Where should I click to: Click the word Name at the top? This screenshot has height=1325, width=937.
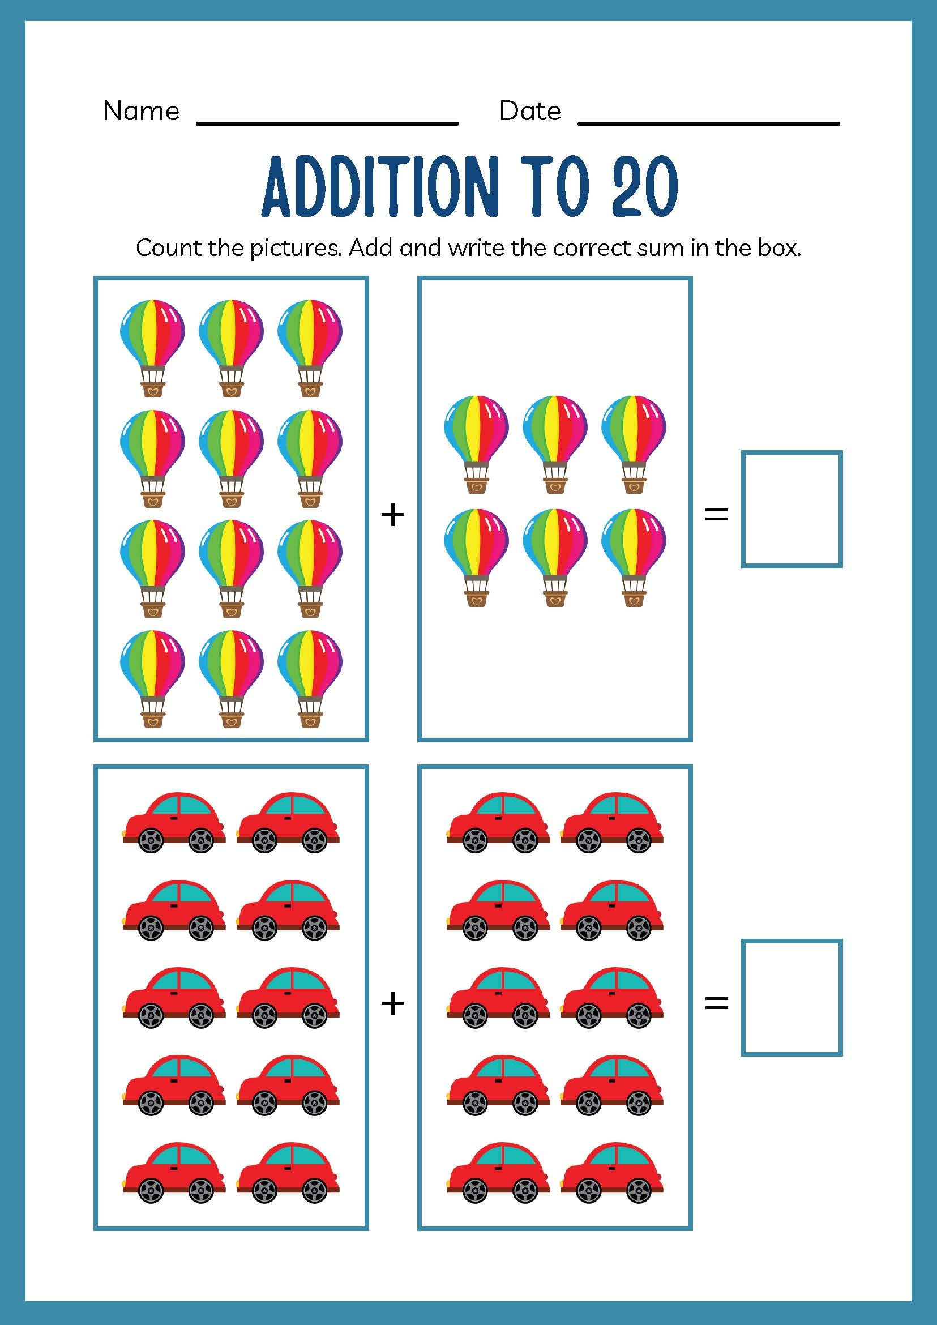(x=141, y=111)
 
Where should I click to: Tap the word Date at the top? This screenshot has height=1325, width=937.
(x=530, y=111)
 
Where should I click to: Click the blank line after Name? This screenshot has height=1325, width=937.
(x=327, y=122)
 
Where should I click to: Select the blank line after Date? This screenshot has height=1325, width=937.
(x=708, y=122)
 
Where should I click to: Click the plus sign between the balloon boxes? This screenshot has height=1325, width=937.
(x=393, y=514)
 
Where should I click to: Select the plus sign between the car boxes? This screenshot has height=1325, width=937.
(x=393, y=1003)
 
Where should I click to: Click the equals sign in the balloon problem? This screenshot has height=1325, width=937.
(x=717, y=514)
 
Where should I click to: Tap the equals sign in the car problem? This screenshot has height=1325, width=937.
(x=717, y=1003)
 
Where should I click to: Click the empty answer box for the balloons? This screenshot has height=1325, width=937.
(x=791, y=508)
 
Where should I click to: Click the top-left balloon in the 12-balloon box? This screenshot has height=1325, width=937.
(x=153, y=346)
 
